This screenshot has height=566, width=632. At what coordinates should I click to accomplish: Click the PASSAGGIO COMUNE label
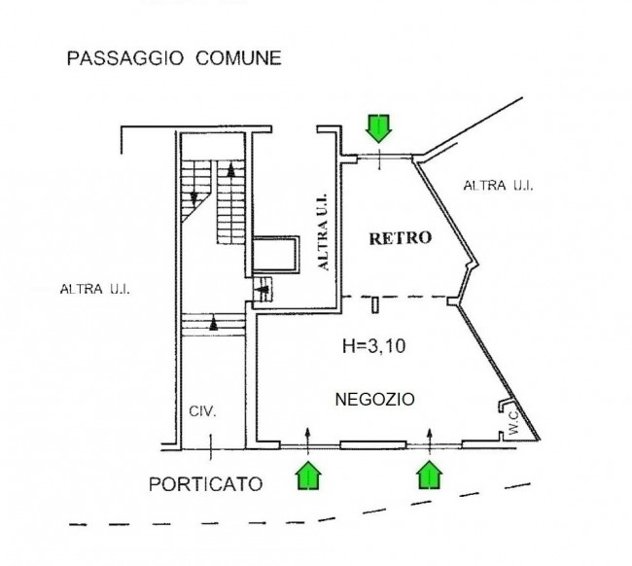[174, 58]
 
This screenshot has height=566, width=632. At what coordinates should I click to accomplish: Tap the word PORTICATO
[205, 483]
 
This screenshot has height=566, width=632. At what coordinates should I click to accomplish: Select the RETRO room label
[401, 238]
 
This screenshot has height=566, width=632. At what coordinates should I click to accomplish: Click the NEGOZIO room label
[375, 399]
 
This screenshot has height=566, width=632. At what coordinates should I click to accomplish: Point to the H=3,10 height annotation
[374, 346]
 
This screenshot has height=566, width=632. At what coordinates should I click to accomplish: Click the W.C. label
[513, 423]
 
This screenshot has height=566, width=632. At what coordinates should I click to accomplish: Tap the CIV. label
[203, 411]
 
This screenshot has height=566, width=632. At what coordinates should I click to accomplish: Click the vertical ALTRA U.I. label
[324, 232]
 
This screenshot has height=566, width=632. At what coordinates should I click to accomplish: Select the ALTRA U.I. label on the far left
[95, 289]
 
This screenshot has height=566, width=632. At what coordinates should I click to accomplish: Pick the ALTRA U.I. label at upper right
[498, 186]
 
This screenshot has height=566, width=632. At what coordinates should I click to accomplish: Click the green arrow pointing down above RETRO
[378, 128]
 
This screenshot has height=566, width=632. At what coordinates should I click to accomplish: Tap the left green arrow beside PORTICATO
[308, 476]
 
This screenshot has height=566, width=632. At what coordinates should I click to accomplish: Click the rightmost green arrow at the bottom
[429, 476]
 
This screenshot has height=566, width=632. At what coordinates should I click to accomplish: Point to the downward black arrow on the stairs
[193, 198]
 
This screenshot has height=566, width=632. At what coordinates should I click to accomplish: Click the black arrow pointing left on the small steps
[263, 289]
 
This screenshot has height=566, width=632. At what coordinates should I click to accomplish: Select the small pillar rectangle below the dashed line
[375, 305]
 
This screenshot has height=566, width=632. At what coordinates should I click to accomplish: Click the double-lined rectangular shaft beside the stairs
[276, 255]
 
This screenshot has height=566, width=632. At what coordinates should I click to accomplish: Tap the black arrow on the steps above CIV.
[214, 324]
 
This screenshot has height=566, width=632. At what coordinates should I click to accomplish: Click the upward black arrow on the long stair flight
[231, 169]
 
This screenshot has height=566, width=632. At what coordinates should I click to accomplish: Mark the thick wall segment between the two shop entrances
[373, 445]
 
